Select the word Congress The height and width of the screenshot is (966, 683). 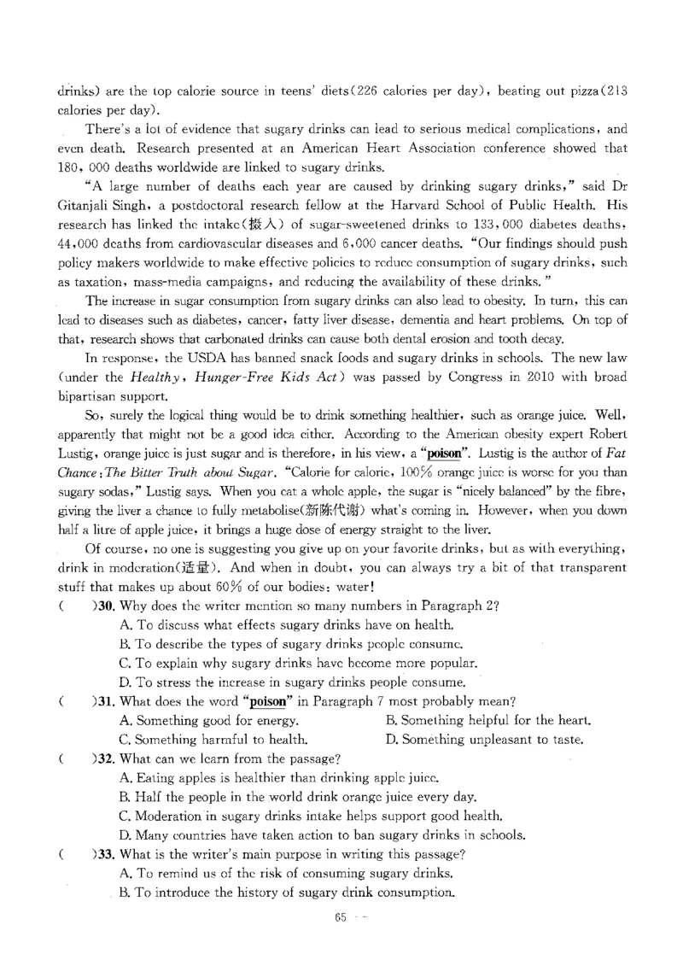400,378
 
